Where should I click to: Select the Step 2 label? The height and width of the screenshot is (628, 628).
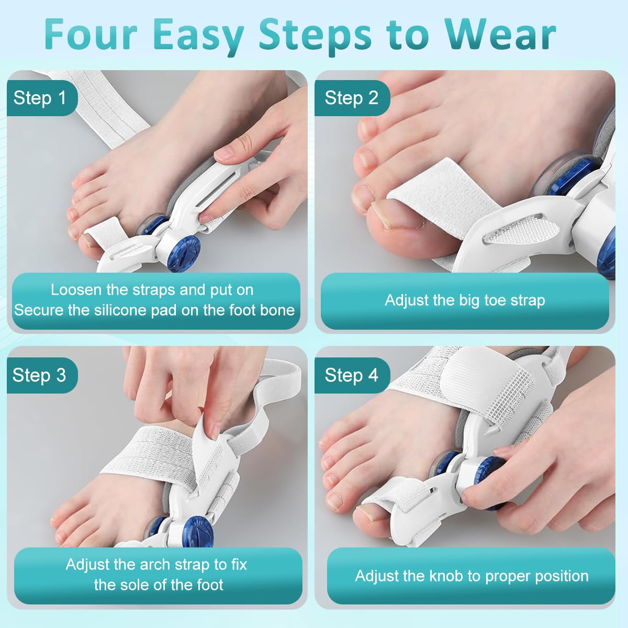(351, 98)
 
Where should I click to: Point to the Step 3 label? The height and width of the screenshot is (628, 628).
(39, 375)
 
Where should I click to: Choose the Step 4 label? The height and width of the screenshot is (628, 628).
(351, 375)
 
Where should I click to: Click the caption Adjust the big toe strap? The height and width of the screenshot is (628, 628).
(465, 300)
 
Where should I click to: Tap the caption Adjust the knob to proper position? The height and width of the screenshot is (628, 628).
(472, 576)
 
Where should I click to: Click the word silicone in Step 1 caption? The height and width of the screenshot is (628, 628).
(118, 310)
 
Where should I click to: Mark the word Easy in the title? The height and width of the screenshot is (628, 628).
(199, 34)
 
